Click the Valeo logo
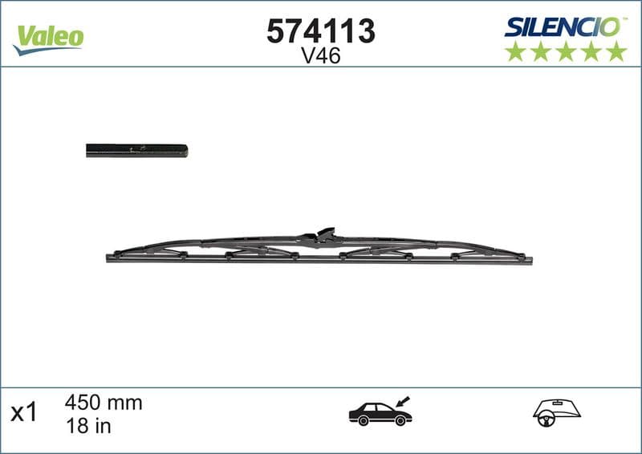tap(49, 36)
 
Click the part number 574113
tap(320, 31)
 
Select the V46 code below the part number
tap(320, 56)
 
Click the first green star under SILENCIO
tap(515, 51)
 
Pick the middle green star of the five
tap(566, 51)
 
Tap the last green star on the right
tap(616, 51)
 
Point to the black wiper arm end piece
tap(136, 151)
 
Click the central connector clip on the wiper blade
tap(322, 235)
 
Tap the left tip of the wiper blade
tap(109, 257)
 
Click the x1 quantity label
tap(24, 413)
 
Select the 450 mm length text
tap(103, 403)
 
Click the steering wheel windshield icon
tap(551, 411)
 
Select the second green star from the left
tap(541, 51)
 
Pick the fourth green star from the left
tap(591, 51)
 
